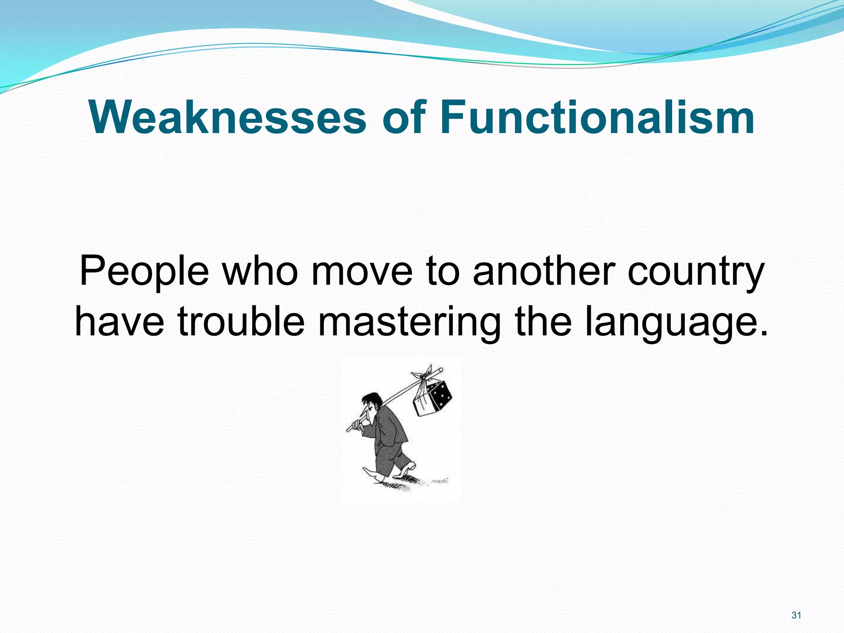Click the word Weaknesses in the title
point(227,117)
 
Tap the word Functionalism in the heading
point(597,117)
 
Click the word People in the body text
point(144,272)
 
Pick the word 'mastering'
point(410,322)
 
